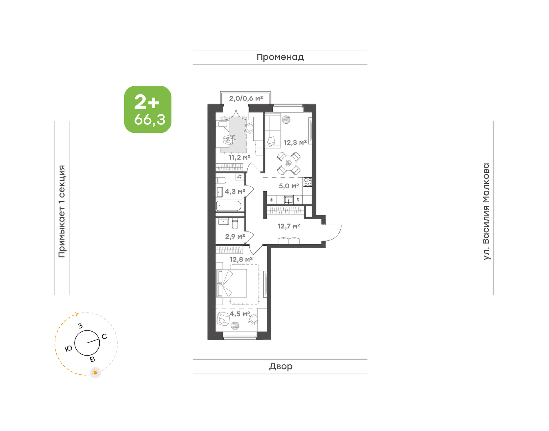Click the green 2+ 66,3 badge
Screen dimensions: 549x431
point(148,109)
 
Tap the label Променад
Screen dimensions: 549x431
point(280,57)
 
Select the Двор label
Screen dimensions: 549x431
point(281,366)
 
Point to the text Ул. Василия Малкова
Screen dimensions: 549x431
point(486,212)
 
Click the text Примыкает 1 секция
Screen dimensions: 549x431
point(62,212)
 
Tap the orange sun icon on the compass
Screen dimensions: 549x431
point(95,373)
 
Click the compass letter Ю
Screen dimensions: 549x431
point(69,349)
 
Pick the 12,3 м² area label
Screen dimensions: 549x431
point(295,142)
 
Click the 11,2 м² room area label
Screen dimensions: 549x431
point(239,157)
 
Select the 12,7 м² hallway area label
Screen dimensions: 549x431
point(289,226)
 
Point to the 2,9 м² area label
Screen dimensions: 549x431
point(235,237)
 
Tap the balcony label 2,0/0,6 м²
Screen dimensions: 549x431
point(246,98)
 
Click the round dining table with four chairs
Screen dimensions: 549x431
point(288,163)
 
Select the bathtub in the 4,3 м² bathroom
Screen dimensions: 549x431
point(229,206)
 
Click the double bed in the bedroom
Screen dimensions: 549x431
point(231,283)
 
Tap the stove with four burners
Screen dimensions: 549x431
point(308,182)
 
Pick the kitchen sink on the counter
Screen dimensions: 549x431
point(288,200)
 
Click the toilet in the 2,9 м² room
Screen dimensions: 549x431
point(235,223)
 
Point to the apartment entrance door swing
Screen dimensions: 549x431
point(333,232)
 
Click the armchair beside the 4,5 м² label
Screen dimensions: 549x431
point(223,318)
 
